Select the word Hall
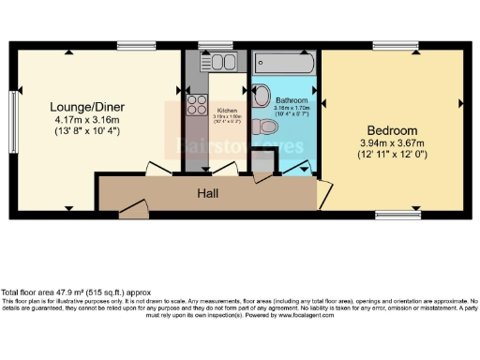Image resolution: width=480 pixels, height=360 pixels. [208, 192]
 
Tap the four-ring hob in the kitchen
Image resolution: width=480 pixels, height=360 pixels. [197, 103]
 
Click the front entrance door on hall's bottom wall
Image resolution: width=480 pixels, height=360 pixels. [132, 211]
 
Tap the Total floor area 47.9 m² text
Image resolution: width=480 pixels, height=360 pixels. [69, 293]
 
